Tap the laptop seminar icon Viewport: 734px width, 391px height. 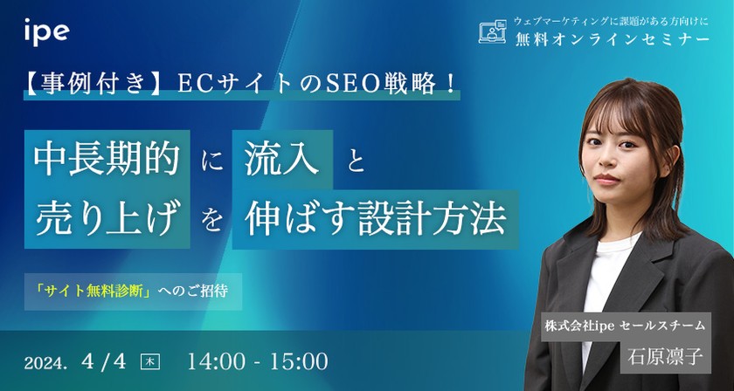point(493,32)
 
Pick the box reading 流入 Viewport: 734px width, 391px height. point(282,160)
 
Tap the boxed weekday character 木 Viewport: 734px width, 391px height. point(150,360)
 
